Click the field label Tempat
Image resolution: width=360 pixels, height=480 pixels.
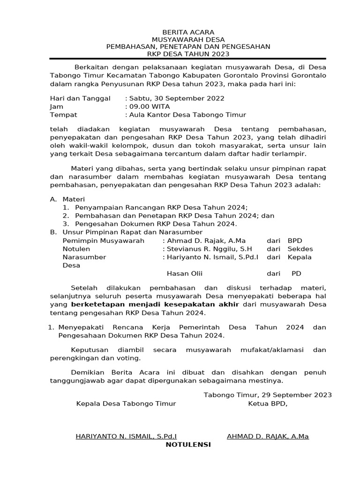tap(63, 114)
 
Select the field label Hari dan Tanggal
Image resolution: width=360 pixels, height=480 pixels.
tap(80, 98)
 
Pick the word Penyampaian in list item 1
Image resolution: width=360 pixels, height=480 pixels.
tap(96, 208)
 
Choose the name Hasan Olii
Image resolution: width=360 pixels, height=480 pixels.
tap(185, 273)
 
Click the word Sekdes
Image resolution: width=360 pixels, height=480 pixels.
tap(300, 249)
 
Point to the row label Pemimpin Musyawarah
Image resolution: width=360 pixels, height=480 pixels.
tap(104, 240)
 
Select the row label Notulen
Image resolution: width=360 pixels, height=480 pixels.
tap(76, 249)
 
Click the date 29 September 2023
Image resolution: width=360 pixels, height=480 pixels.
tap(289, 395)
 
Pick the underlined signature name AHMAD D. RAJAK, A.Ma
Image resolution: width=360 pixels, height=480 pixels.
tap(268, 436)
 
